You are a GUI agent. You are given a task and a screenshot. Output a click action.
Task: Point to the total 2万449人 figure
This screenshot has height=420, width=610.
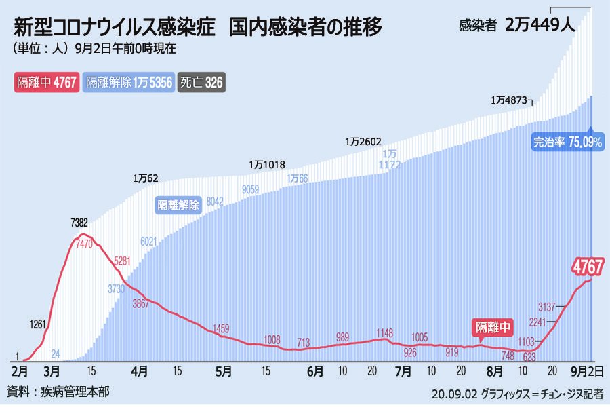pyautogui.click(x=540, y=26)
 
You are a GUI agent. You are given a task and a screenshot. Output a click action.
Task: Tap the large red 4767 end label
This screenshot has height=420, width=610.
pyautogui.click(x=588, y=265)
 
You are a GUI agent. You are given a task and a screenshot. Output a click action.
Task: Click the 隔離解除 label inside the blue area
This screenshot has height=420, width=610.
pyautogui.click(x=178, y=205)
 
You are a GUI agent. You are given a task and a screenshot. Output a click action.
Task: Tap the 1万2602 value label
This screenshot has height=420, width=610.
pyautogui.click(x=363, y=142)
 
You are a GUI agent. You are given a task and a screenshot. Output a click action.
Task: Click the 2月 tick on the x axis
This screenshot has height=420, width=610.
pyautogui.click(x=21, y=372)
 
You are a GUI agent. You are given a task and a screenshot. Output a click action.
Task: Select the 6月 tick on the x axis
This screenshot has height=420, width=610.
pyautogui.click(x=315, y=372)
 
